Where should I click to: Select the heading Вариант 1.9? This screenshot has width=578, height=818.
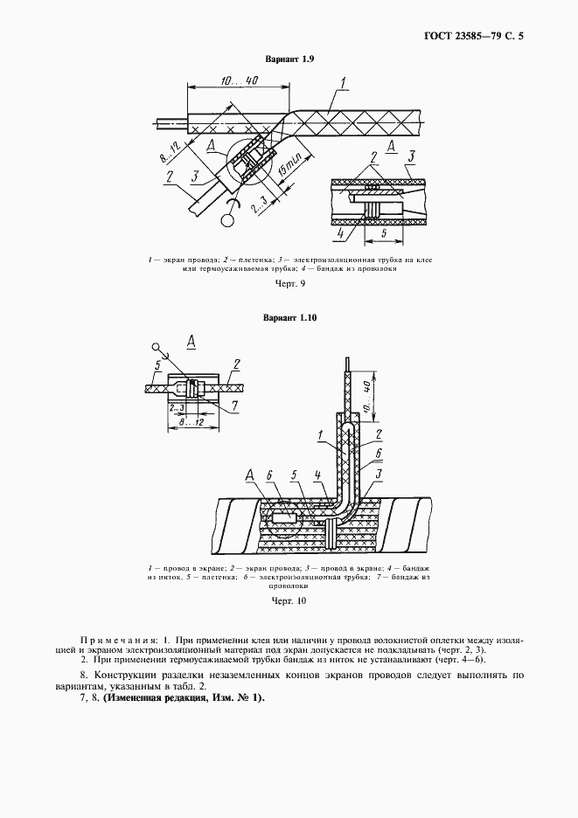click(x=289, y=59)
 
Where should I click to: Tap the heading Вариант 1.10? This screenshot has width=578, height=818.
click(x=289, y=317)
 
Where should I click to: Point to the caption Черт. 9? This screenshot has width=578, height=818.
click(x=289, y=285)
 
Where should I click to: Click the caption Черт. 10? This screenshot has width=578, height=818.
click(x=289, y=600)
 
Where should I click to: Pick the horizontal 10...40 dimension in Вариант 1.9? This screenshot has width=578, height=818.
click(x=238, y=80)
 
